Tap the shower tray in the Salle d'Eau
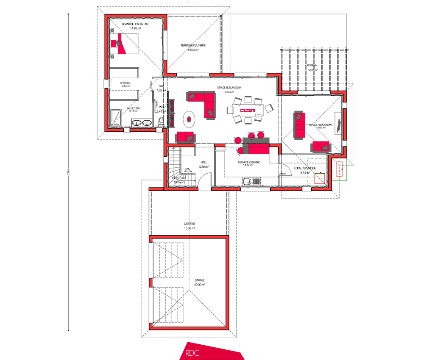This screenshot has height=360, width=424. [x=115, y=118]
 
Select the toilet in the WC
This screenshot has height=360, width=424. [x=160, y=122]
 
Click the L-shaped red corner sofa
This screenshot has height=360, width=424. [x=203, y=102]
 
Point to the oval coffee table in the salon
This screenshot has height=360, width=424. [x=189, y=118]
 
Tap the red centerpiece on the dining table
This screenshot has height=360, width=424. [x=248, y=110]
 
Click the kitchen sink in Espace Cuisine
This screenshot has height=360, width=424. [x=250, y=182]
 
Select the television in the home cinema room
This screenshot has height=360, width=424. [x=339, y=122]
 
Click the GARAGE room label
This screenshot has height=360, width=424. [x=200, y=280]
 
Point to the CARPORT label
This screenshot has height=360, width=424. [x=190, y=224]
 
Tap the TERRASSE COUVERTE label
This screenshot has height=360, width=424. [x=193, y=45]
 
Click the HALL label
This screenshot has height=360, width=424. [x=204, y=162]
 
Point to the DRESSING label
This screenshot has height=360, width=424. [x=125, y=83]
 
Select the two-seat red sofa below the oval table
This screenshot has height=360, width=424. [x=185, y=136]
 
